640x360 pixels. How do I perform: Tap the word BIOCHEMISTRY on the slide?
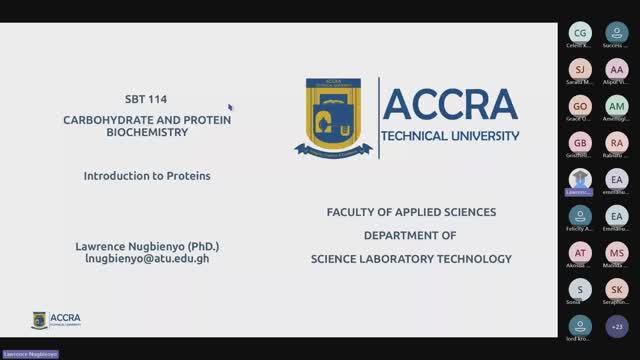point(147,132)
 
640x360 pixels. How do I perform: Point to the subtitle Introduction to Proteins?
point(147,175)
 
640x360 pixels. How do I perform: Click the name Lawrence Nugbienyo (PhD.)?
point(147,246)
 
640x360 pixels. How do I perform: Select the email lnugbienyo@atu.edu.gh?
point(147,258)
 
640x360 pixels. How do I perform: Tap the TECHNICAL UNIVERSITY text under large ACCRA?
point(451,135)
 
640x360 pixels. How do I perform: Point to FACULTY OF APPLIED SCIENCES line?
point(411,212)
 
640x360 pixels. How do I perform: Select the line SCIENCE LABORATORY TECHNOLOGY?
point(411,259)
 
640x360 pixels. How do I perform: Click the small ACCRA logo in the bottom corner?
point(56,320)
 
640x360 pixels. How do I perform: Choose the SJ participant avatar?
point(580,68)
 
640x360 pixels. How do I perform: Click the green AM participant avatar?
point(617,105)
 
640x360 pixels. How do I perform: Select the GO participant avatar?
point(580,105)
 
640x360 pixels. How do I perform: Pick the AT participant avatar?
point(580,253)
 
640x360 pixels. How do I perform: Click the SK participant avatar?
point(617,289)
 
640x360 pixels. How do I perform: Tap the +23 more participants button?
point(617,326)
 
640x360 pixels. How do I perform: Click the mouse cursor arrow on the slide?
point(230,107)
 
